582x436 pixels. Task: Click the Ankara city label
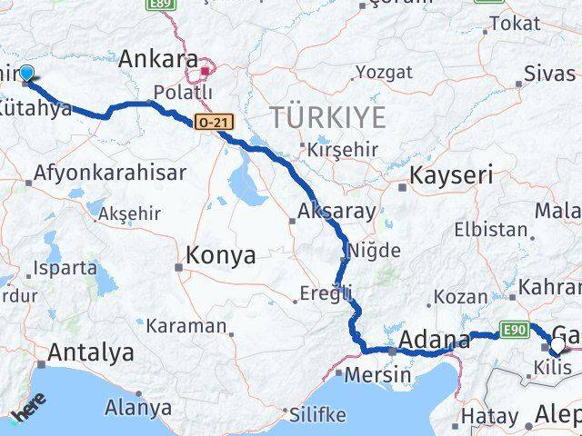[158, 60]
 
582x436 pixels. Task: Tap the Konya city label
[220, 256]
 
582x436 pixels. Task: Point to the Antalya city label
[92, 352]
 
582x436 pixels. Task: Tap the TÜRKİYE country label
[327, 116]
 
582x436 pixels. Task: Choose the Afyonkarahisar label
[110, 173]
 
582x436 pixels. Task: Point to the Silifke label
[317, 414]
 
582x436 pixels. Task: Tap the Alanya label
[138, 407]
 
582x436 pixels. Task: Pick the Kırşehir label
[341, 149]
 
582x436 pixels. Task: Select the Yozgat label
[384, 72]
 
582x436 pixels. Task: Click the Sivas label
[549, 74]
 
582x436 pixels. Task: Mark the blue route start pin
[25, 74]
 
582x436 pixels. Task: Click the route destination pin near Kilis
[556, 346]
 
